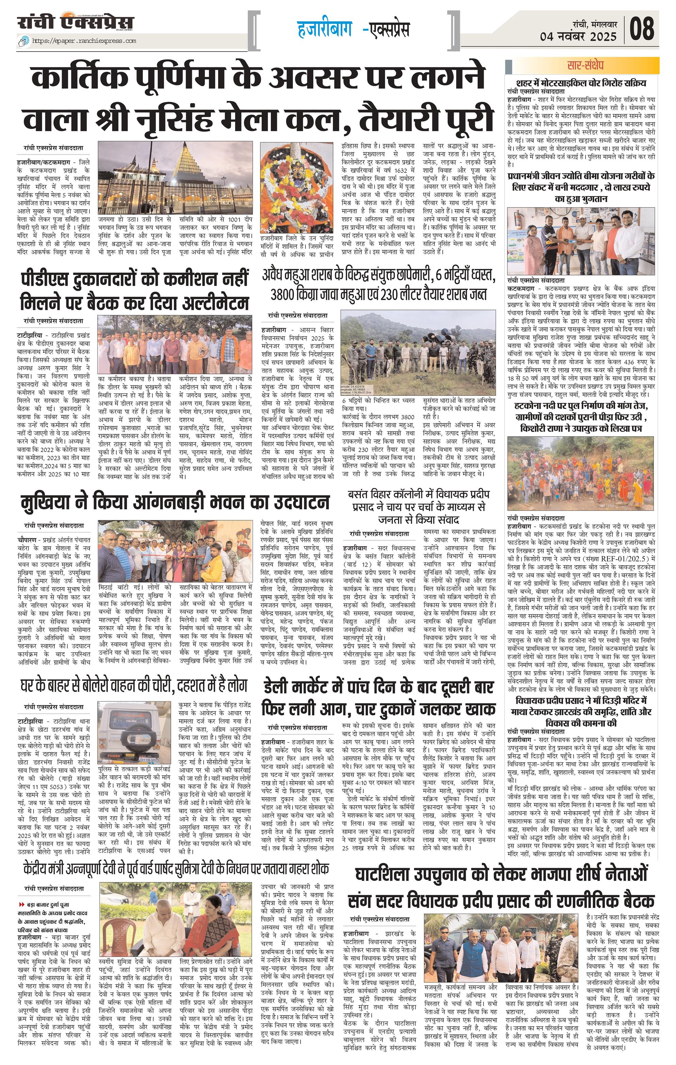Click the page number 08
(642, 29)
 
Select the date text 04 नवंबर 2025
(578, 36)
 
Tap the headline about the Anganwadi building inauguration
(175, 502)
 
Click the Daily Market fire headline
(378, 699)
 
